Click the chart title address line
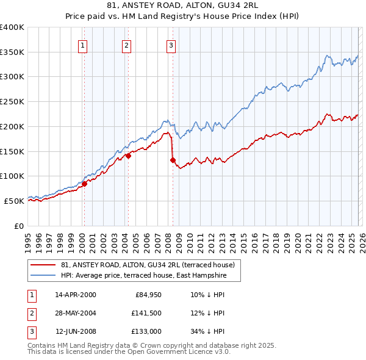pyautogui.click(x=182, y=5)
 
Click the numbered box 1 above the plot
pyautogui.click(x=82, y=45)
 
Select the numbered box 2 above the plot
pyautogui.click(x=126, y=45)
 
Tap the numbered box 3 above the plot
pyautogui.click(x=171, y=45)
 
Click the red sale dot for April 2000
pyautogui.click(x=84, y=184)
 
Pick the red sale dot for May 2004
pyautogui.click(x=129, y=156)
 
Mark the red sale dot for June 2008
pyautogui.click(x=173, y=160)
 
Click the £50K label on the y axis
pyautogui.click(x=14, y=201)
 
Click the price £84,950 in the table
pyautogui.click(x=144, y=295)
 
